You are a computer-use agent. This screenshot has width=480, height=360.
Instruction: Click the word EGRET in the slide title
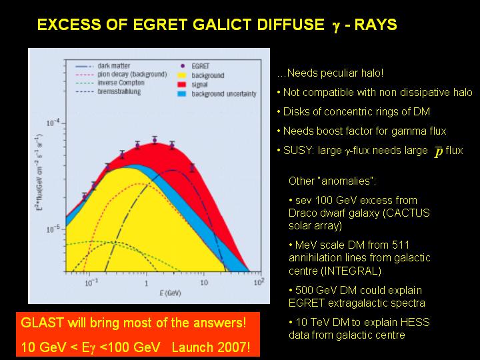click(x=161, y=25)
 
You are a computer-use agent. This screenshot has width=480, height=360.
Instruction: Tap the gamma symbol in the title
click(x=336, y=26)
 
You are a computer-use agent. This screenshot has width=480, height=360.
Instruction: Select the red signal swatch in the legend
click(x=182, y=85)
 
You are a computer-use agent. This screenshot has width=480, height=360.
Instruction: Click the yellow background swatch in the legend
click(x=182, y=75)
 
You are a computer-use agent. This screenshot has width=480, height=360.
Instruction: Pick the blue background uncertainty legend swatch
click(x=182, y=94)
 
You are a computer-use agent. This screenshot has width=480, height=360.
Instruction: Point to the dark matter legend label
click(x=114, y=66)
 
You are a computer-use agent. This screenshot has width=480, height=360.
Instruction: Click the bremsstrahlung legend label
click(x=119, y=91)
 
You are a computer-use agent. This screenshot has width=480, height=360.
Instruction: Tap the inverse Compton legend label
click(x=121, y=83)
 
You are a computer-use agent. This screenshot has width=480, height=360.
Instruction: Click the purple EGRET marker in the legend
click(x=183, y=66)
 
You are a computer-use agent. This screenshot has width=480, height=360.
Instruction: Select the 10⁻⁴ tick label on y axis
click(x=53, y=123)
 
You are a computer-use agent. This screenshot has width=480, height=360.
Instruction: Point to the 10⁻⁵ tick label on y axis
click(x=53, y=229)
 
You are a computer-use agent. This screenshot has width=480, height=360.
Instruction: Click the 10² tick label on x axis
click(x=259, y=282)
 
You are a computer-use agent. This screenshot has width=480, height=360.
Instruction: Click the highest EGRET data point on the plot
click(x=155, y=140)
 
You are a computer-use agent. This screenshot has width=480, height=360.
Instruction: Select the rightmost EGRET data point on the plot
click(x=192, y=167)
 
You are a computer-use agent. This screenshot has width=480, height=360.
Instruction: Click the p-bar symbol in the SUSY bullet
click(x=439, y=151)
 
